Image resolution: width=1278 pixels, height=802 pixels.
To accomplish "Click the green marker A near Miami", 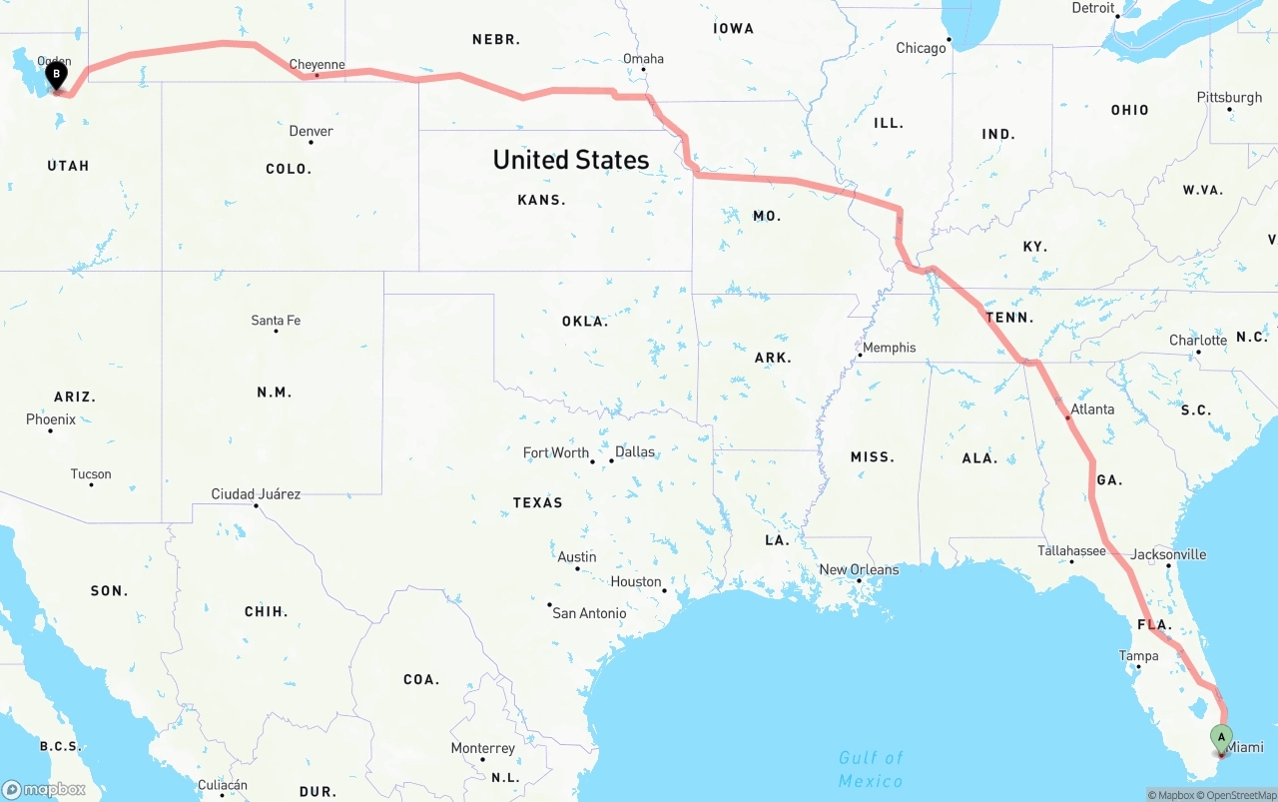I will [1221, 739].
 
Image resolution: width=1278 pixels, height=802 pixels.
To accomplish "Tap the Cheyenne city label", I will [317, 65].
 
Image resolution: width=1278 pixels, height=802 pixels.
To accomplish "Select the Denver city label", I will [311, 131].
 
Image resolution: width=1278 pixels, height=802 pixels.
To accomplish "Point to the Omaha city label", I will [643, 58].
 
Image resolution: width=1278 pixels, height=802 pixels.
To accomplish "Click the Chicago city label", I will [921, 48].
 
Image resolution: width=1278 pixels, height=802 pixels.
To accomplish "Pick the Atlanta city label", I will [1092, 408].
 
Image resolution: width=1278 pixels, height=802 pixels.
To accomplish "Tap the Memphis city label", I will [889, 348].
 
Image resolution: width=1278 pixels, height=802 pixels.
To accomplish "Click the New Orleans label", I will [859, 569].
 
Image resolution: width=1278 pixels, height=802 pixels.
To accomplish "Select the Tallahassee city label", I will [1071, 550].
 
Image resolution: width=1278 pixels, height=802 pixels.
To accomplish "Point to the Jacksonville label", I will [1168, 554].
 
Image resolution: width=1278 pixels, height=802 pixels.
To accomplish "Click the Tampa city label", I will [1138, 656].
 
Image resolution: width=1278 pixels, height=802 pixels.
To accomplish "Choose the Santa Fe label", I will [276, 321].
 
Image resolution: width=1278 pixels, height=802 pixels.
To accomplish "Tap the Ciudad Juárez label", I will [256, 493].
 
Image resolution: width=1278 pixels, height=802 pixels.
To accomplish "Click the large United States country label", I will [571, 160].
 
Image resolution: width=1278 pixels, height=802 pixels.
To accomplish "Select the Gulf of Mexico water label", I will [871, 769].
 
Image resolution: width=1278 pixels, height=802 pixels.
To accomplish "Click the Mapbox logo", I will [44, 789].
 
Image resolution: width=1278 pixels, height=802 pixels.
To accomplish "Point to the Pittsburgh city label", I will [1229, 97].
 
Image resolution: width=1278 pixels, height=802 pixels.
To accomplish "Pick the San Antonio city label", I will [589, 613].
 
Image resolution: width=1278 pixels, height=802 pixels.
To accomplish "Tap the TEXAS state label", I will [538, 502].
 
